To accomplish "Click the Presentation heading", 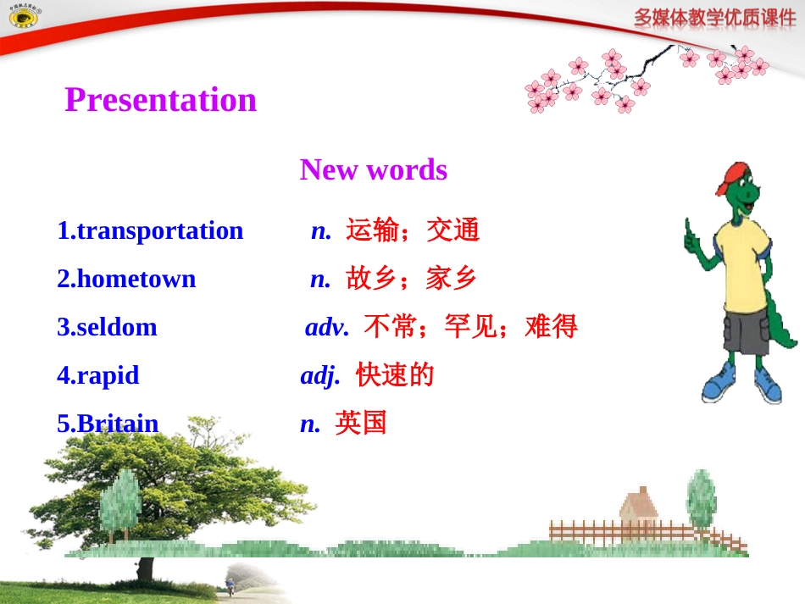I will [160, 100].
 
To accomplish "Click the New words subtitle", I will [373, 169].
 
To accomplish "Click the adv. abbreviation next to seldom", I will [326, 327].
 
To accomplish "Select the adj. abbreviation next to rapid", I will [319, 375].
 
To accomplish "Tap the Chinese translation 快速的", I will [395, 374].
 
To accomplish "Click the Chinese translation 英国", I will [361, 423].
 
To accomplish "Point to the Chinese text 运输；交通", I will [413, 230].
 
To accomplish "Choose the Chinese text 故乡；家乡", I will [412, 278].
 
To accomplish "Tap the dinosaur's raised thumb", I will [689, 229].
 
